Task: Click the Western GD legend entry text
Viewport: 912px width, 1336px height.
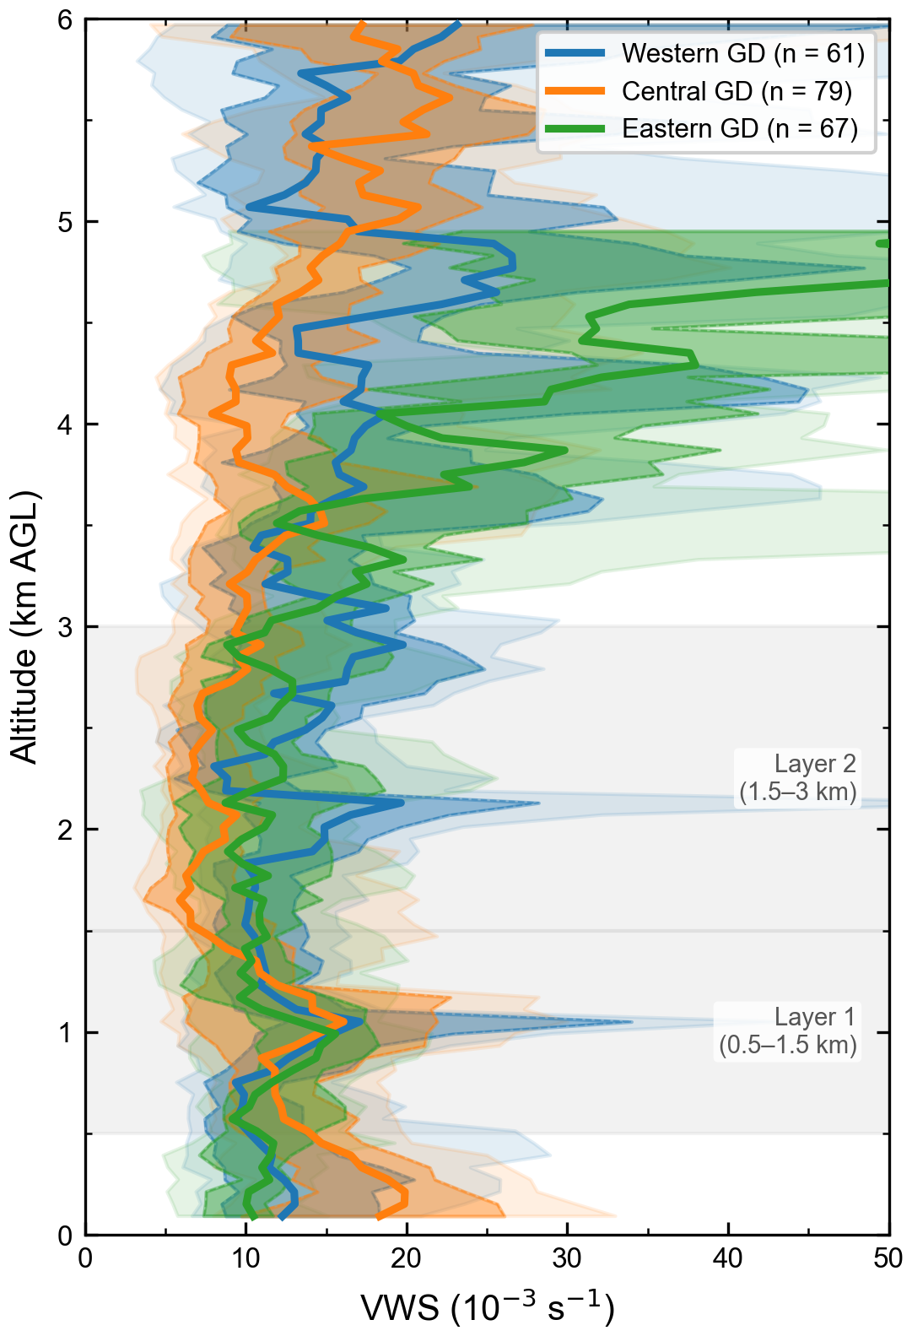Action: tap(742, 53)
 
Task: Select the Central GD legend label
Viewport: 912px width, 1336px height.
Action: tap(737, 90)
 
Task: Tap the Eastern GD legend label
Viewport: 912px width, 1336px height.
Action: tap(740, 128)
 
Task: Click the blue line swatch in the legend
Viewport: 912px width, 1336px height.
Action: tap(575, 52)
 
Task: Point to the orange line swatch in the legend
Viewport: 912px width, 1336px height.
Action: tap(575, 90)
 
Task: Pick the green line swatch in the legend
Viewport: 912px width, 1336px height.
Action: tap(575, 128)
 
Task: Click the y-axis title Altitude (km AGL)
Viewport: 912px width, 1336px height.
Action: tap(24, 626)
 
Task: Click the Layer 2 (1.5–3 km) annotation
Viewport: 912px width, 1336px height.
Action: tap(797, 778)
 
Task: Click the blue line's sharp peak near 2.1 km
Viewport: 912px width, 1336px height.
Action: tap(403, 803)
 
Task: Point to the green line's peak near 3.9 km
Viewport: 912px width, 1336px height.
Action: tap(565, 451)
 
